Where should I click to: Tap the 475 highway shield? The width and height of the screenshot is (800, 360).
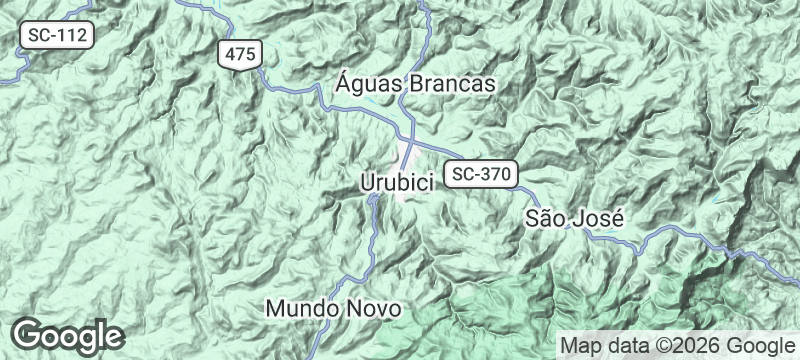(241, 54)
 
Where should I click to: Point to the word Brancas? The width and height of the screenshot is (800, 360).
(456, 84)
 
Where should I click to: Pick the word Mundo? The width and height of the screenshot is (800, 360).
(302, 309)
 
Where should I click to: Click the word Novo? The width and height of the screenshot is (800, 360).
(372, 309)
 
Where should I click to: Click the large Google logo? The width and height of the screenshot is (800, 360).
(68, 335)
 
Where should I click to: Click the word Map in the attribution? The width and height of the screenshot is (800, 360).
(580, 345)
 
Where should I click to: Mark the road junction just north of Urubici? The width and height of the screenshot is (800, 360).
(410, 139)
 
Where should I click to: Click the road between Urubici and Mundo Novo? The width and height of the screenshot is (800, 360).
(366, 240)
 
